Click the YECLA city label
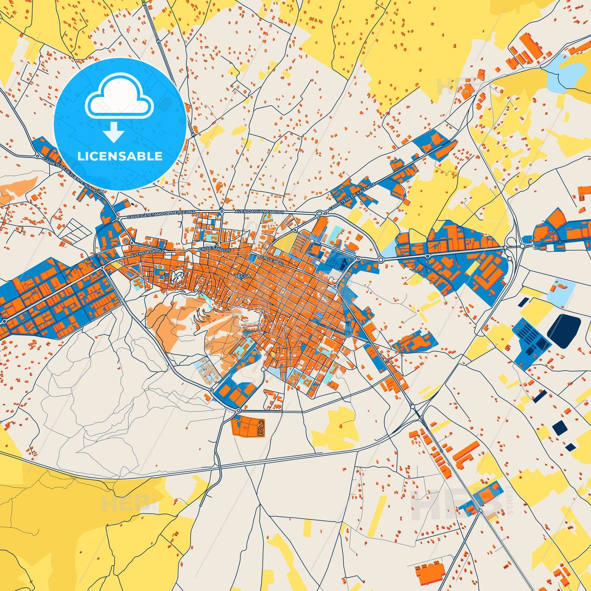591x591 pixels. [x=243, y=276]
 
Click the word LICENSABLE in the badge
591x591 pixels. [x=120, y=156]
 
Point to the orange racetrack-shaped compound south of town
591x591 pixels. [x=248, y=427]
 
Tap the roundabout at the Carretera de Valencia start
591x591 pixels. [x=319, y=213]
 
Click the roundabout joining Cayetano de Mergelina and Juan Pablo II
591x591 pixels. [x=221, y=211]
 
